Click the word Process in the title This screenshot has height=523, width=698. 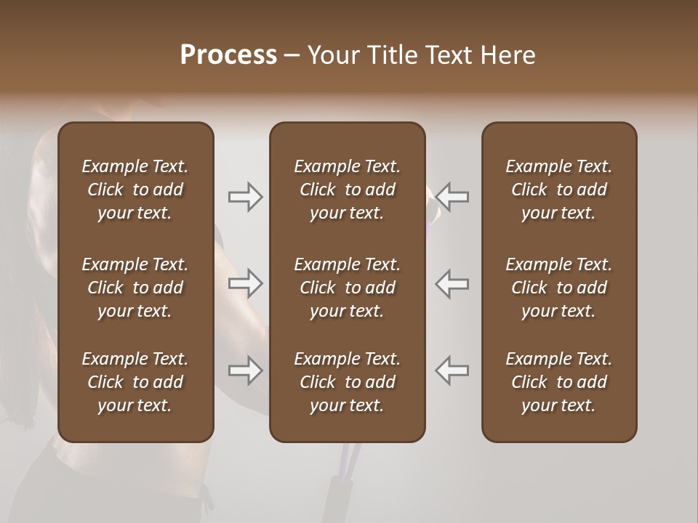coord(228,54)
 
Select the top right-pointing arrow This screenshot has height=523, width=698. coord(246,197)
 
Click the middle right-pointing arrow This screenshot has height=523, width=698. coord(246,283)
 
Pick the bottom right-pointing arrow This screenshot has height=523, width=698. coord(246,370)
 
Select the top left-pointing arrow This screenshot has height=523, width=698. coord(452,197)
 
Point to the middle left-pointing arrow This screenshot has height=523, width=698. coord(452,283)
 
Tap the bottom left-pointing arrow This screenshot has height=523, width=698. coord(452,370)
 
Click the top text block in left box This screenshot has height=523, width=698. coord(135,190)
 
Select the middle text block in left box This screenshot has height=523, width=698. coord(135,288)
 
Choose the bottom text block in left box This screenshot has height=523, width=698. coord(135,382)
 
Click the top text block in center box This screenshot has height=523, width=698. coord(348,190)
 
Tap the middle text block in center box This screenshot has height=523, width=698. coord(348,288)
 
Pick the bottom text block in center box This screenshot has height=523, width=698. coord(348,382)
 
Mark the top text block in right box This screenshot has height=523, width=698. coord(559,190)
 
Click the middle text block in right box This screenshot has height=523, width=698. coord(559,288)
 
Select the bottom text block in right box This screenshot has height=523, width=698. coord(559,382)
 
